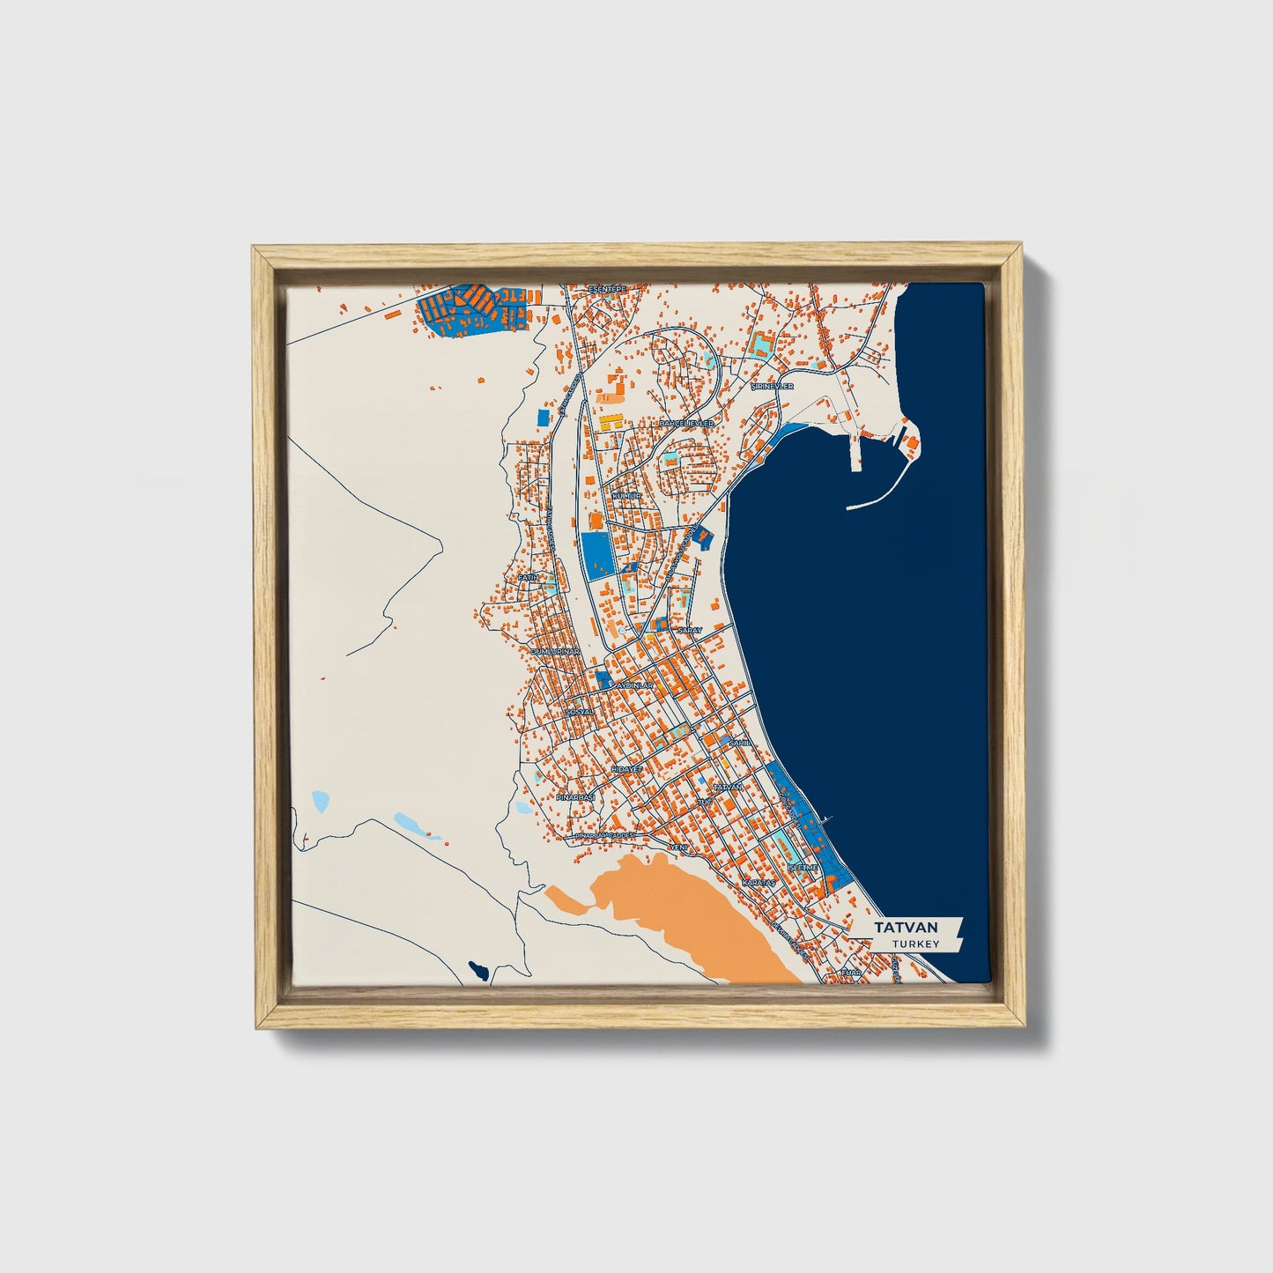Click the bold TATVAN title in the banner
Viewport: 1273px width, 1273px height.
[905, 928]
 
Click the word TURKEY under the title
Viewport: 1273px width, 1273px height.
[914, 944]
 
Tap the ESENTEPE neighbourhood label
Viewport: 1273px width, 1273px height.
[606, 289]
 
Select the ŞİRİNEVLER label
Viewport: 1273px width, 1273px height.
[772, 386]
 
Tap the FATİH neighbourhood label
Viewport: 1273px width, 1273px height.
[529, 577]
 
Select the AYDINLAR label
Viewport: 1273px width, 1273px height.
[634, 685]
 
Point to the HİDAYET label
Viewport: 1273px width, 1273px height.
[626, 769]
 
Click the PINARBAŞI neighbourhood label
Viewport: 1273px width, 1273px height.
[576, 796]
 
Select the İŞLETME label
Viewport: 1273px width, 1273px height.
[803, 868]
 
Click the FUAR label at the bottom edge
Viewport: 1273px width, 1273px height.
[850, 973]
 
